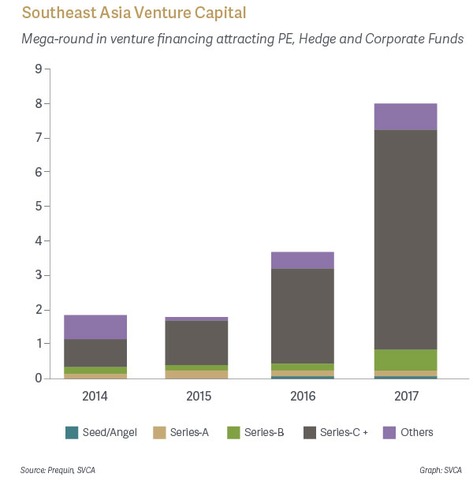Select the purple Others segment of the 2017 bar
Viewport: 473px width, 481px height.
(x=405, y=117)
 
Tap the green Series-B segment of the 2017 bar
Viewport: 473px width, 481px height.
(x=405, y=360)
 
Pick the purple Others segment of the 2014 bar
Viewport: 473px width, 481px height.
(x=95, y=327)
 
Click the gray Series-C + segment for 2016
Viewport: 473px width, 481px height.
(x=302, y=315)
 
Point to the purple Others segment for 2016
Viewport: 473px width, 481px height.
(x=302, y=260)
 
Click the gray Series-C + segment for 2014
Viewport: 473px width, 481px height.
(x=95, y=352)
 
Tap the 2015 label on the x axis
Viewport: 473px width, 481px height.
(x=199, y=395)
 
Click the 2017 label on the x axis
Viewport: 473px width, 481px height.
(x=405, y=395)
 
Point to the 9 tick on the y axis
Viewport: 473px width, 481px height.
(x=38, y=69)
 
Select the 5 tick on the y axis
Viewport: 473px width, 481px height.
(x=38, y=207)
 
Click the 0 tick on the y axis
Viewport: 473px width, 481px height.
(x=38, y=378)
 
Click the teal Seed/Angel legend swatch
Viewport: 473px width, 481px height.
(x=72, y=432)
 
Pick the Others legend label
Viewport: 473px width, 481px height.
(x=416, y=432)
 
